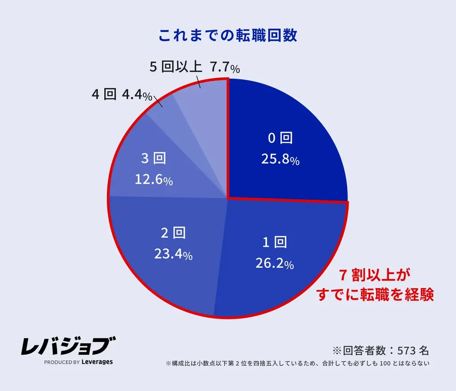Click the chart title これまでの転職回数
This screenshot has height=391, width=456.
(228, 36)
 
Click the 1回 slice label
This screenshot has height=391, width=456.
(275, 243)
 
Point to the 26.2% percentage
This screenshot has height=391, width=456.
(274, 264)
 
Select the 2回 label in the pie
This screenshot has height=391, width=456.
(173, 233)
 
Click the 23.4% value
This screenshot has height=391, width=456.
(173, 254)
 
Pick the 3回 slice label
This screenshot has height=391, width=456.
(154, 159)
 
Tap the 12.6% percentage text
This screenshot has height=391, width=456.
(154, 180)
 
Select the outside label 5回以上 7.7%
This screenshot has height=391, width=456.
(195, 68)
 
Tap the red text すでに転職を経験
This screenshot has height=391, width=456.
(375, 294)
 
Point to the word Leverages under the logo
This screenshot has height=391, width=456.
(97, 362)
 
